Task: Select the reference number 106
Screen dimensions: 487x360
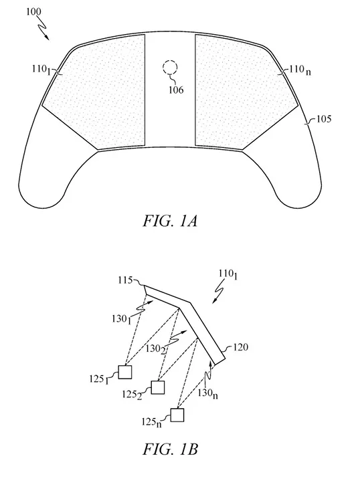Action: click(176, 90)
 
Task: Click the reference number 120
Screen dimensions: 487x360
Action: click(240, 348)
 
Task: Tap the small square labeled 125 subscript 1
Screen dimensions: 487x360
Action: click(124, 371)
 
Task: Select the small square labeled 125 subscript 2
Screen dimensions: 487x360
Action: click(159, 387)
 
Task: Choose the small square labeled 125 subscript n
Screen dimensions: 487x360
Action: click(177, 415)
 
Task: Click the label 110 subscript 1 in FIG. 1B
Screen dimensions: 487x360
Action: click(225, 274)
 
